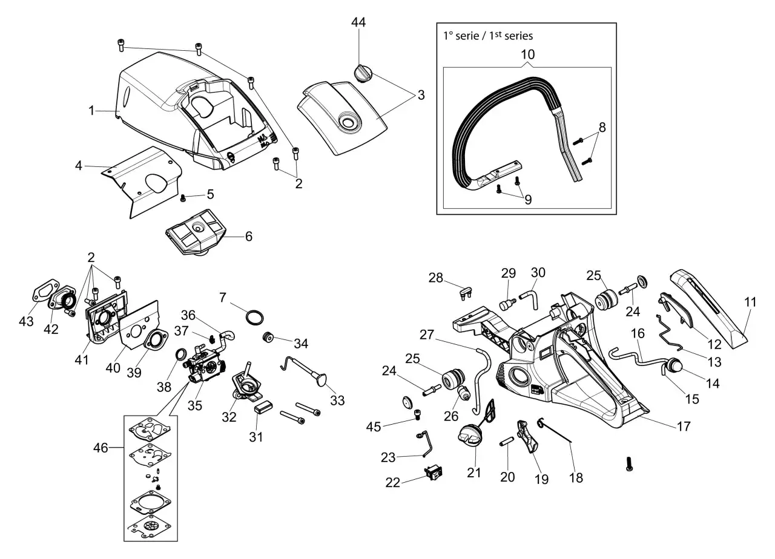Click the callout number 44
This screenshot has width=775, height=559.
tap(358, 22)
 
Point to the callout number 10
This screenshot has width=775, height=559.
tap(528, 54)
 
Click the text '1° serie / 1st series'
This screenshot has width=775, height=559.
tap(488, 36)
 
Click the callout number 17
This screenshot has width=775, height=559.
tap(683, 426)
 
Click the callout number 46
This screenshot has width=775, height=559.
tap(101, 448)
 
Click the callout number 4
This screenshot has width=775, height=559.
tap(79, 165)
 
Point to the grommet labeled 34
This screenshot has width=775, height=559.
tap(267, 338)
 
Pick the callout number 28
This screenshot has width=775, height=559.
tap(436, 278)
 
